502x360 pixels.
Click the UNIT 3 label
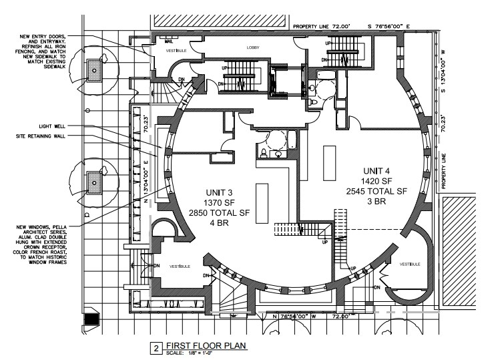pyautogui.click(x=219, y=191)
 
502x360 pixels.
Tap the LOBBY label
pyautogui.click(x=252, y=47)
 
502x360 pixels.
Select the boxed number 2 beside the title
pyautogui.click(x=156, y=347)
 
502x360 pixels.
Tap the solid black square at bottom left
pyautogui.click(x=91, y=319)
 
